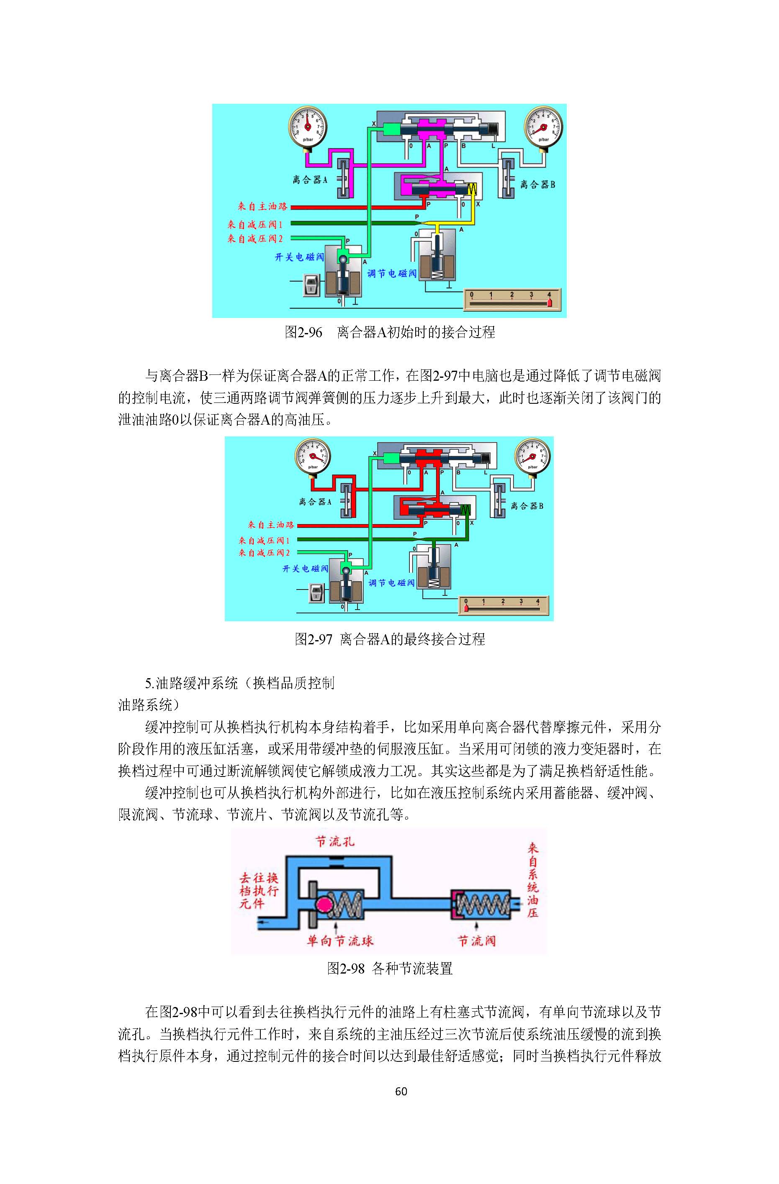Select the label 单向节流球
coord(339,940)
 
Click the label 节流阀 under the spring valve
coord(476,940)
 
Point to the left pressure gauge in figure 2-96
coord(307,126)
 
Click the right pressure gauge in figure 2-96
coord(544,126)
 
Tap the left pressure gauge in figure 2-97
coord(313,457)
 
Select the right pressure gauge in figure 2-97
coord(532,457)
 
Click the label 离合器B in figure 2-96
coord(537,185)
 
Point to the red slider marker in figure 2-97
coord(466,608)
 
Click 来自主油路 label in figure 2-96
coord(262,206)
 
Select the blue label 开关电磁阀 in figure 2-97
coord(305,568)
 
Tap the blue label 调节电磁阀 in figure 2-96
coord(392,273)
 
